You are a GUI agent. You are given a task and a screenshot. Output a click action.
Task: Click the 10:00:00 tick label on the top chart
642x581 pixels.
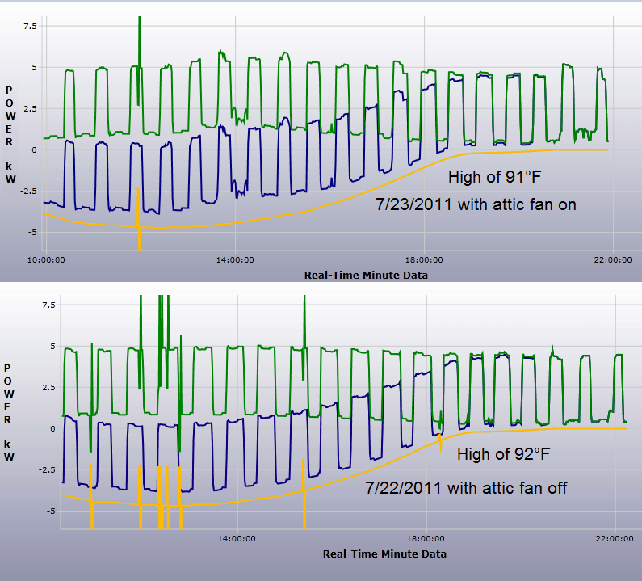tap(46, 259)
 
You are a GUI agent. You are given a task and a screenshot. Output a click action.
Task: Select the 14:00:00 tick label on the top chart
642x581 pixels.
tap(235, 259)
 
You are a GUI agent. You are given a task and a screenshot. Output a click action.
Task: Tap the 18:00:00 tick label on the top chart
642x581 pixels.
tap(424, 259)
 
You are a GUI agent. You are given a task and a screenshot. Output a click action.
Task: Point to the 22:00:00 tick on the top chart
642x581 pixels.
tap(613, 259)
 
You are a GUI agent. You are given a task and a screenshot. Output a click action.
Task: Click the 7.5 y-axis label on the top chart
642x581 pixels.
tap(31, 27)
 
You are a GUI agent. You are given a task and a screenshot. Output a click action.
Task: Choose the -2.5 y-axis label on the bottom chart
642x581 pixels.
tap(27, 469)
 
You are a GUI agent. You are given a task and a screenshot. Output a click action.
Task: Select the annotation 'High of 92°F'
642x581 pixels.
tap(504, 455)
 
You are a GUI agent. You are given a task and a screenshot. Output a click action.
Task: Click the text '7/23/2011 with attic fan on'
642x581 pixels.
tap(476, 204)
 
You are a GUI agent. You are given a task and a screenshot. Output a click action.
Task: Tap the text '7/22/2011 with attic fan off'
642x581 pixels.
tap(465, 488)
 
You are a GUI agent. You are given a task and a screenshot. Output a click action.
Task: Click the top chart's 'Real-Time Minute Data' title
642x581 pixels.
tap(366, 275)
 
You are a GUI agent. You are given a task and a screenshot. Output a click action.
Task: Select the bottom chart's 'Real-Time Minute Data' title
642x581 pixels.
tap(384, 554)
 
